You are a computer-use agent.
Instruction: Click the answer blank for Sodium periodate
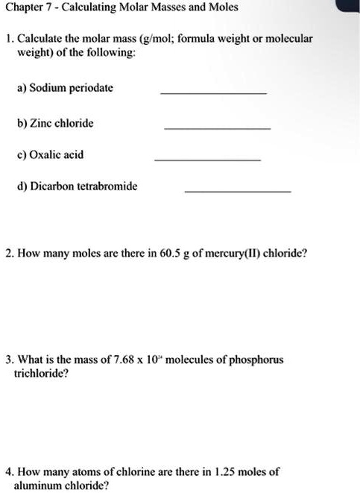(x=213, y=93)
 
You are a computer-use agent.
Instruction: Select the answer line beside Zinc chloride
(x=217, y=129)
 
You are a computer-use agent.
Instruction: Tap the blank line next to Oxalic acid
(x=207, y=160)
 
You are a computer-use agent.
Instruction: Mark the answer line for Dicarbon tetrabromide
(x=237, y=192)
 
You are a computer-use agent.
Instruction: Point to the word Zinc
(x=43, y=123)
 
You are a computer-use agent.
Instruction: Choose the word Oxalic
(x=46, y=155)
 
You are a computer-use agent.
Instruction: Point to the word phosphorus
(x=256, y=360)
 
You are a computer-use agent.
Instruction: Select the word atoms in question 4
(x=78, y=472)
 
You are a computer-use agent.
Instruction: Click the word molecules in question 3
(x=193, y=360)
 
